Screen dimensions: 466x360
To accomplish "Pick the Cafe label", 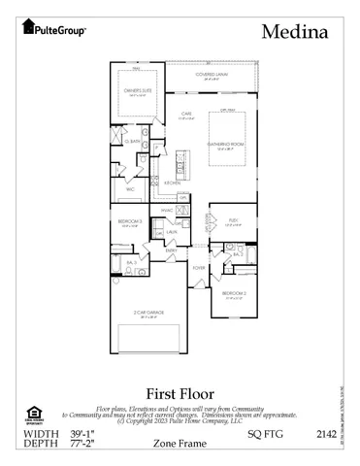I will tap(185, 115).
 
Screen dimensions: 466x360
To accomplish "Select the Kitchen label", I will tap(172, 183).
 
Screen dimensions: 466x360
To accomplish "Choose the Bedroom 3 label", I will tap(130, 222).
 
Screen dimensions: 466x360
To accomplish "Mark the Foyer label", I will tap(198, 267).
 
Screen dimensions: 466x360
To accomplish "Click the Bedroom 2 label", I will tap(233, 292).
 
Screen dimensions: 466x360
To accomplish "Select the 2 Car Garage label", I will tap(147, 313).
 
